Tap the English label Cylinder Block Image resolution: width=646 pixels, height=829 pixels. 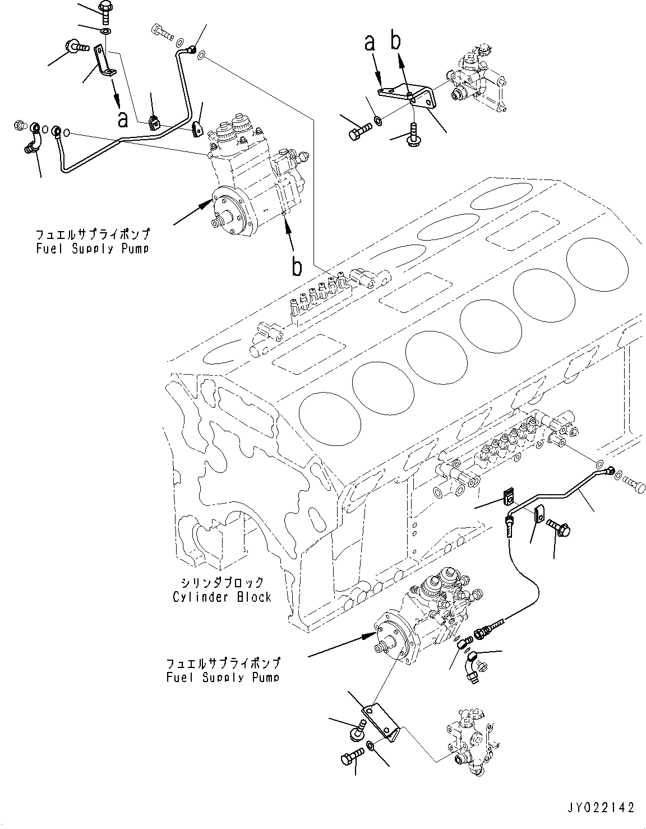click(222, 597)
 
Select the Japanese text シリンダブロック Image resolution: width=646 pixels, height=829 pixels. click(222, 583)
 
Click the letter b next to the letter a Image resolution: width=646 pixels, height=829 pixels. click(396, 43)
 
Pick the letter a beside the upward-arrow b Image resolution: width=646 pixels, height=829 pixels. click(370, 43)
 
